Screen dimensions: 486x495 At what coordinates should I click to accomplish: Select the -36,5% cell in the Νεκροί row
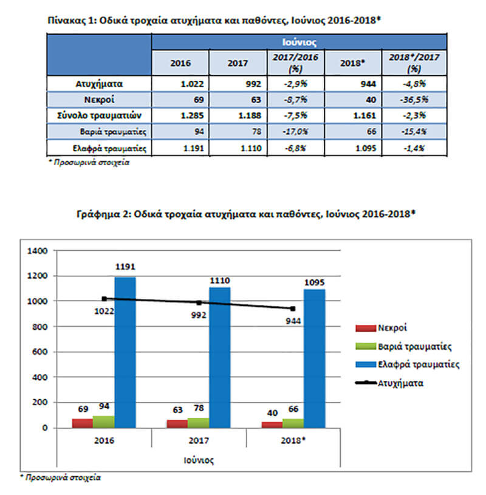(414, 100)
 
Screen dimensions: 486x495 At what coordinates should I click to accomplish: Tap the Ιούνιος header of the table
(299, 42)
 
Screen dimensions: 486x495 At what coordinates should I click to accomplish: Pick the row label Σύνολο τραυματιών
(99, 115)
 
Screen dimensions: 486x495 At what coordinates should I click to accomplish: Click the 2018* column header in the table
(352, 63)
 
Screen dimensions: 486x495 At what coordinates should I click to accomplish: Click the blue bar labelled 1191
(125, 352)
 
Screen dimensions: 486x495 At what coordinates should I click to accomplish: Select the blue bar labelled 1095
(315, 358)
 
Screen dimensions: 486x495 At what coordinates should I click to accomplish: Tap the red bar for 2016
(83, 423)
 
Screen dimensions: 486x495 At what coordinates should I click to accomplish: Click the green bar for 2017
(198, 423)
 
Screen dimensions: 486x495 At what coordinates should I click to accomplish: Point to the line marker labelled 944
(293, 309)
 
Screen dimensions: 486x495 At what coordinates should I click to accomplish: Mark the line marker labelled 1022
(104, 299)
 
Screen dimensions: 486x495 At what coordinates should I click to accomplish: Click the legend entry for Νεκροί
(381, 328)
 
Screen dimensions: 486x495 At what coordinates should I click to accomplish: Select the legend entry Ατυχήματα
(389, 383)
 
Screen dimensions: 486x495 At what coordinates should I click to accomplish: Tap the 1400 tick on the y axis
(37, 251)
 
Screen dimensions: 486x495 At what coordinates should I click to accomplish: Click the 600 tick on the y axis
(39, 352)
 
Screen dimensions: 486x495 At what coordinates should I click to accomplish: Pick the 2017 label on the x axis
(199, 440)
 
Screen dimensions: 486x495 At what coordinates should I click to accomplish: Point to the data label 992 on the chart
(199, 315)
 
